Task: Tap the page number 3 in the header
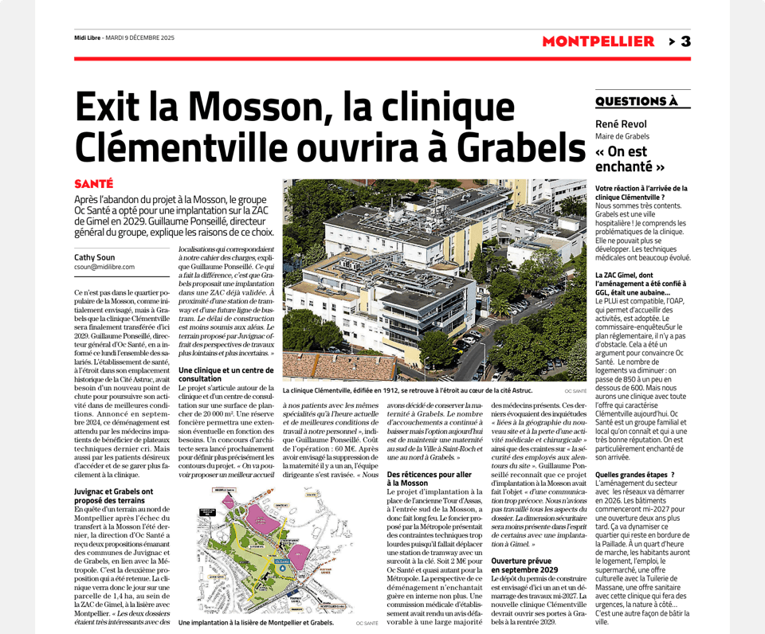(685, 41)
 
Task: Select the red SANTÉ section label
(93, 184)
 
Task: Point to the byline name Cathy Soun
(95, 258)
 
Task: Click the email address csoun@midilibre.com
(104, 268)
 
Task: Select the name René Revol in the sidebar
(621, 124)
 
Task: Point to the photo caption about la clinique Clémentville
(408, 391)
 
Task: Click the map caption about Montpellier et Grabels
(256, 622)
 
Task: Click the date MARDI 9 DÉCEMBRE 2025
(140, 38)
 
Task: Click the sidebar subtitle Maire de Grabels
(622, 136)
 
